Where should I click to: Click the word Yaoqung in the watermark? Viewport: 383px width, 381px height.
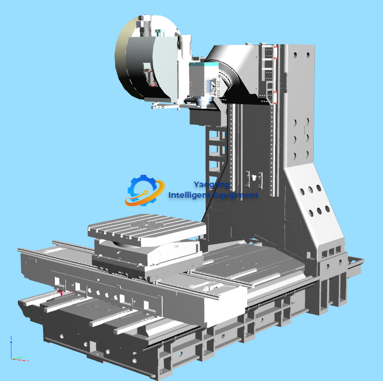(211, 184)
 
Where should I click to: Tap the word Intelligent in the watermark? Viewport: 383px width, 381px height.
(190, 195)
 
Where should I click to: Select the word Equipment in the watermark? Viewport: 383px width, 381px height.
(235, 195)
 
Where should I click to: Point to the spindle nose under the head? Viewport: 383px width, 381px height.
(202, 103)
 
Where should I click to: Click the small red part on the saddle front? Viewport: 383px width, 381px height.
(59, 291)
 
